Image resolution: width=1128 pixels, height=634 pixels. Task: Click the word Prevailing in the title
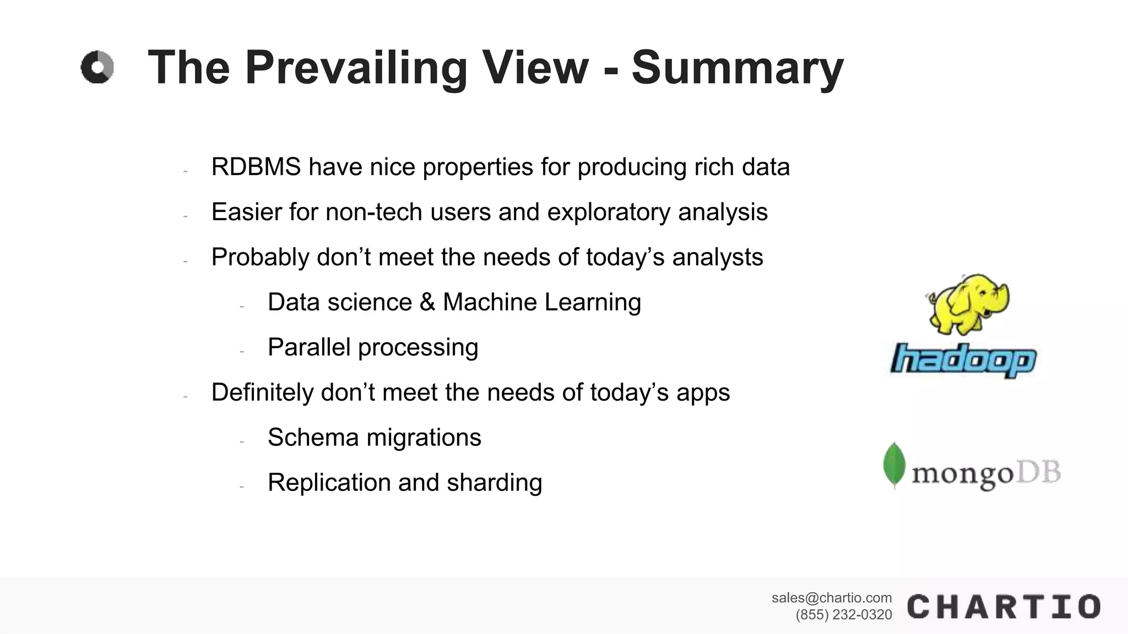pyautogui.click(x=356, y=68)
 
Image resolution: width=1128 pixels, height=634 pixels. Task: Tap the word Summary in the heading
pyautogui.click(x=737, y=68)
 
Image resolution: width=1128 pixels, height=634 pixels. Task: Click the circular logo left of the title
pyautogui.click(x=97, y=68)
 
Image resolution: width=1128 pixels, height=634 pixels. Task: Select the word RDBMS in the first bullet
pyautogui.click(x=256, y=167)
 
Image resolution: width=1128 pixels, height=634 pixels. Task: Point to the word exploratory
pyautogui.click(x=609, y=212)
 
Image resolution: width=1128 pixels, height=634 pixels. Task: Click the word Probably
pyautogui.click(x=261, y=258)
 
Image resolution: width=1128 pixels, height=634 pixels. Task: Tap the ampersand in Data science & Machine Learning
pyautogui.click(x=427, y=303)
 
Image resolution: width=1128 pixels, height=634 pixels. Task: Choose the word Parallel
pyautogui.click(x=309, y=348)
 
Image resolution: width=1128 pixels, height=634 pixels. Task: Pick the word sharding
pyautogui.click(x=494, y=483)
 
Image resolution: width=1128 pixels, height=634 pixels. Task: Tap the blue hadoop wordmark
pyautogui.click(x=963, y=360)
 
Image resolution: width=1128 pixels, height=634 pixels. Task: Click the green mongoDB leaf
pyautogui.click(x=894, y=465)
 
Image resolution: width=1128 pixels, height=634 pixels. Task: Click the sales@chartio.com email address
pyautogui.click(x=831, y=598)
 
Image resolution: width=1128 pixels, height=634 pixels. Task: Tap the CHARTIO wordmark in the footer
pyautogui.click(x=1003, y=607)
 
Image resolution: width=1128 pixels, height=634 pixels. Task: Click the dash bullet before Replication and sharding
pyautogui.click(x=241, y=487)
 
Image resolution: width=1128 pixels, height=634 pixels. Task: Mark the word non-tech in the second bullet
pyautogui.click(x=374, y=212)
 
